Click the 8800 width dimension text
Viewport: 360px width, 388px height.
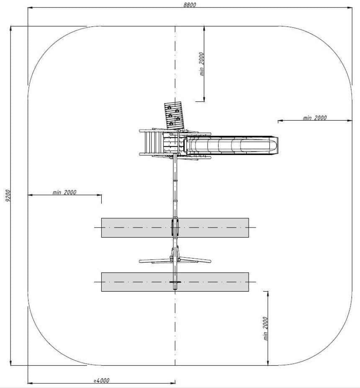(x=190, y=5)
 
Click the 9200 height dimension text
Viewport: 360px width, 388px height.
(x=8, y=196)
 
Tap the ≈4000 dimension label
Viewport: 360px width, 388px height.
(x=102, y=380)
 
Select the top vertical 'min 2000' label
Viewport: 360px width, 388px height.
(x=202, y=64)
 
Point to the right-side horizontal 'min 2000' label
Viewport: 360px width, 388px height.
(x=315, y=118)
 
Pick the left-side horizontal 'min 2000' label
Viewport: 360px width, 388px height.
(x=64, y=192)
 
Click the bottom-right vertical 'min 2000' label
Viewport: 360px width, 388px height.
(x=265, y=329)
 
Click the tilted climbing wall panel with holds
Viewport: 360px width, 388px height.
(x=174, y=115)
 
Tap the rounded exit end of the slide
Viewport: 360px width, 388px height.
(x=272, y=145)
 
